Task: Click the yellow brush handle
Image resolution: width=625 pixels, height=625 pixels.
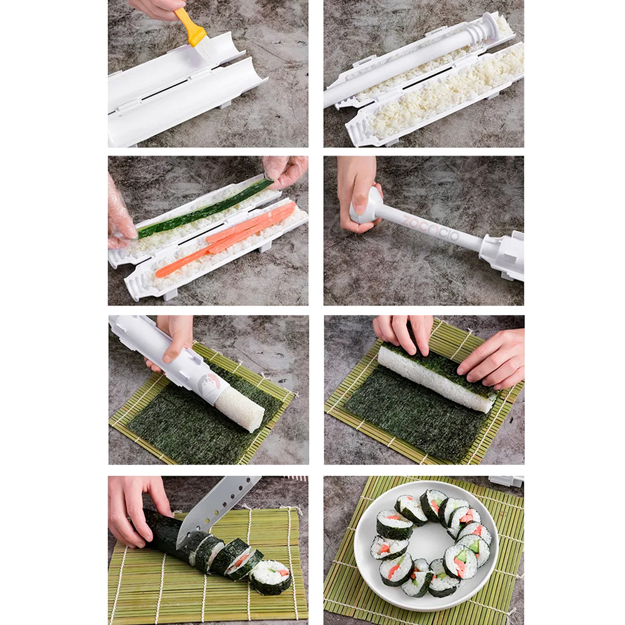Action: pyautogui.click(x=189, y=27)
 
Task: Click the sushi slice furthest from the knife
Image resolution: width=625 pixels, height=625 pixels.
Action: pyautogui.click(x=271, y=577)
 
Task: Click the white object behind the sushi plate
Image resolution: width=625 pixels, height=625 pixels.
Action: pyautogui.click(x=506, y=481)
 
